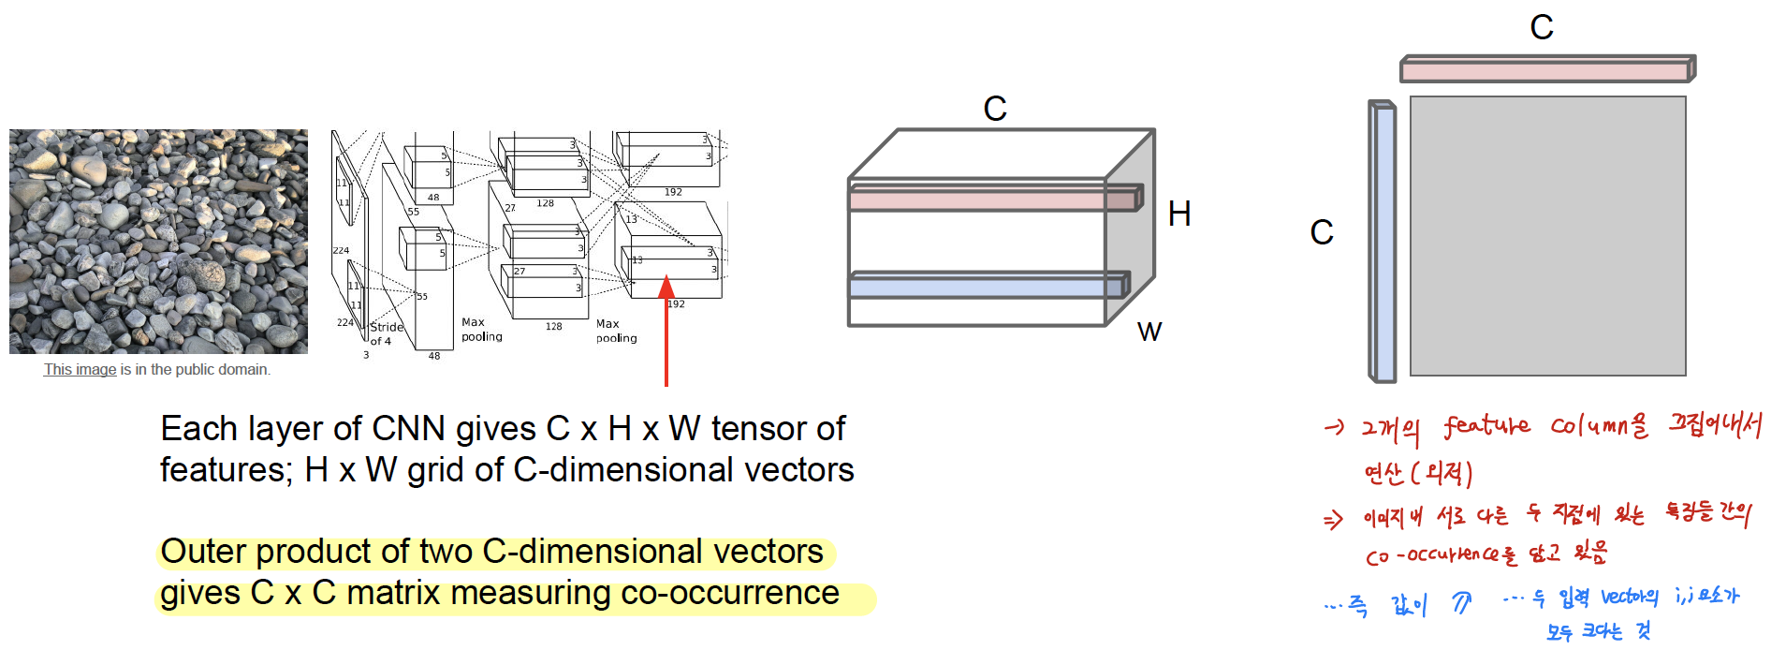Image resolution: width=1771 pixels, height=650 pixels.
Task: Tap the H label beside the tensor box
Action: pyautogui.click(x=1179, y=214)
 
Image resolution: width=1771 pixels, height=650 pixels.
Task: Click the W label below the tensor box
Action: pyautogui.click(x=1149, y=332)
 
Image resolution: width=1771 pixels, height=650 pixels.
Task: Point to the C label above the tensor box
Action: pyautogui.click(x=995, y=109)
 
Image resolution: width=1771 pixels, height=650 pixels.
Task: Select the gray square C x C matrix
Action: pyautogui.click(x=1547, y=236)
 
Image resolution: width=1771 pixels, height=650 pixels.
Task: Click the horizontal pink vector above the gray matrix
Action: pyautogui.click(x=1546, y=69)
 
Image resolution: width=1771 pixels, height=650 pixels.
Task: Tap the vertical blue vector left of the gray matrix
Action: pyautogui.click(x=1383, y=242)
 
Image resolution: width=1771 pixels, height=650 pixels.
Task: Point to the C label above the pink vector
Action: pyautogui.click(x=1542, y=27)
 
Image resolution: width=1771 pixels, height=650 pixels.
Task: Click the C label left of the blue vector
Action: pyautogui.click(x=1322, y=232)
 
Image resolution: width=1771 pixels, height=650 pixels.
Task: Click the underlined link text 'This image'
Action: pyautogui.click(x=80, y=369)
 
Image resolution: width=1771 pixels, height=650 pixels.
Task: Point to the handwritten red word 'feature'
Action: pyautogui.click(x=1486, y=426)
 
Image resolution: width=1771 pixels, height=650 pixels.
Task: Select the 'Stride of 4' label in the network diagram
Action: pyautogui.click(x=386, y=333)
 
